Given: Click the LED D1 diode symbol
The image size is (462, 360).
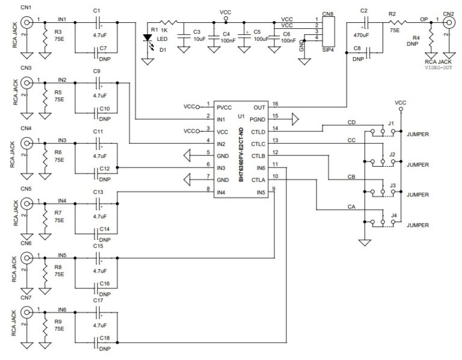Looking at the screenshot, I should click(147, 37).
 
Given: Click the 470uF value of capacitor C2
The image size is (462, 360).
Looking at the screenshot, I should click(363, 34).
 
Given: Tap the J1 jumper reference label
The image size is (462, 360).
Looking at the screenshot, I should click(391, 123).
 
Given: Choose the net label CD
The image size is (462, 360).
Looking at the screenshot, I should click(351, 123).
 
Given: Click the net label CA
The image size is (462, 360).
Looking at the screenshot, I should click(351, 206).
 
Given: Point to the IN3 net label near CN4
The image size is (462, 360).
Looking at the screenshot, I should click(62, 140).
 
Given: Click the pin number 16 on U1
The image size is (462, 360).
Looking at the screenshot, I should click(275, 104).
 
